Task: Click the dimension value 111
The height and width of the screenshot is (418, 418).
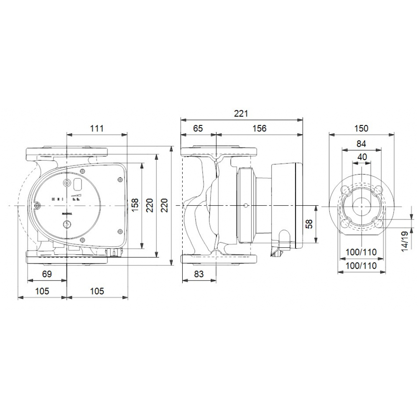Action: pyautogui.click(x=97, y=128)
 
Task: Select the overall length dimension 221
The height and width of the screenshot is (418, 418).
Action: pyautogui.click(x=241, y=113)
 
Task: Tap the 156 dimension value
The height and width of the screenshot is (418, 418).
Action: pyautogui.click(x=259, y=128)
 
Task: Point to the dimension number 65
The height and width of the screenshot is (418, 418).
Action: pyautogui.click(x=198, y=128)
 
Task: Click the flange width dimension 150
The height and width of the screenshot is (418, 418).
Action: pyautogui.click(x=362, y=128)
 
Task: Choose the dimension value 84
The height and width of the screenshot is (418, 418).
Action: pyautogui.click(x=362, y=144)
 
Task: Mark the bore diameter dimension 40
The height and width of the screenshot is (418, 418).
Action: pyautogui.click(x=362, y=157)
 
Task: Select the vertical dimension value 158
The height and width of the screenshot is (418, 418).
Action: pyautogui.click(x=135, y=205)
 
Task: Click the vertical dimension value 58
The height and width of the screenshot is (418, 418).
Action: pyautogui.click(x=309, y=224)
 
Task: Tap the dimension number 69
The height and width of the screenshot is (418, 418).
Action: pyautogui.click(x=47, y=274)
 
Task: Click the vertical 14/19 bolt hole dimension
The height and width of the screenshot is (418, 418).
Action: pyautogui.click(x=404, y=241)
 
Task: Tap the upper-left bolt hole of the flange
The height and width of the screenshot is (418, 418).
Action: pyautogui.click(x=346, y=190)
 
